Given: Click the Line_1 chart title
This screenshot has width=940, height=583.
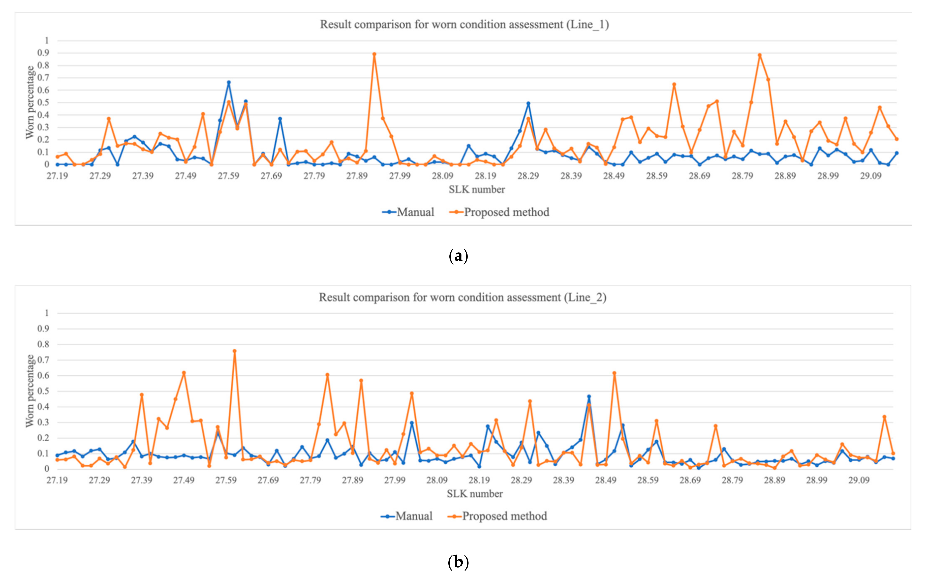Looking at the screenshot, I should (464, 25).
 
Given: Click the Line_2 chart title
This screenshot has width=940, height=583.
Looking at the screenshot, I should (462, 297).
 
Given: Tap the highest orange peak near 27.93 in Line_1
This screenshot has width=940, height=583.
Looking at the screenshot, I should (374, 54).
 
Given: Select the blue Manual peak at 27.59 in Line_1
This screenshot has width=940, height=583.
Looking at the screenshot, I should (229, 82).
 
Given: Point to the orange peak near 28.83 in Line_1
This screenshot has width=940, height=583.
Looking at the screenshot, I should (759, 55).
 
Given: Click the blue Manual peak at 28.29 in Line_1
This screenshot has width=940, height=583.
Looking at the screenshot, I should (528, 103).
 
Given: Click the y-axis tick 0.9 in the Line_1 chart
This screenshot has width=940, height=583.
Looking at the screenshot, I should (43, 53).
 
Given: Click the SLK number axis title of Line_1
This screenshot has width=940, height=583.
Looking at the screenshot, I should (476, 189).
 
